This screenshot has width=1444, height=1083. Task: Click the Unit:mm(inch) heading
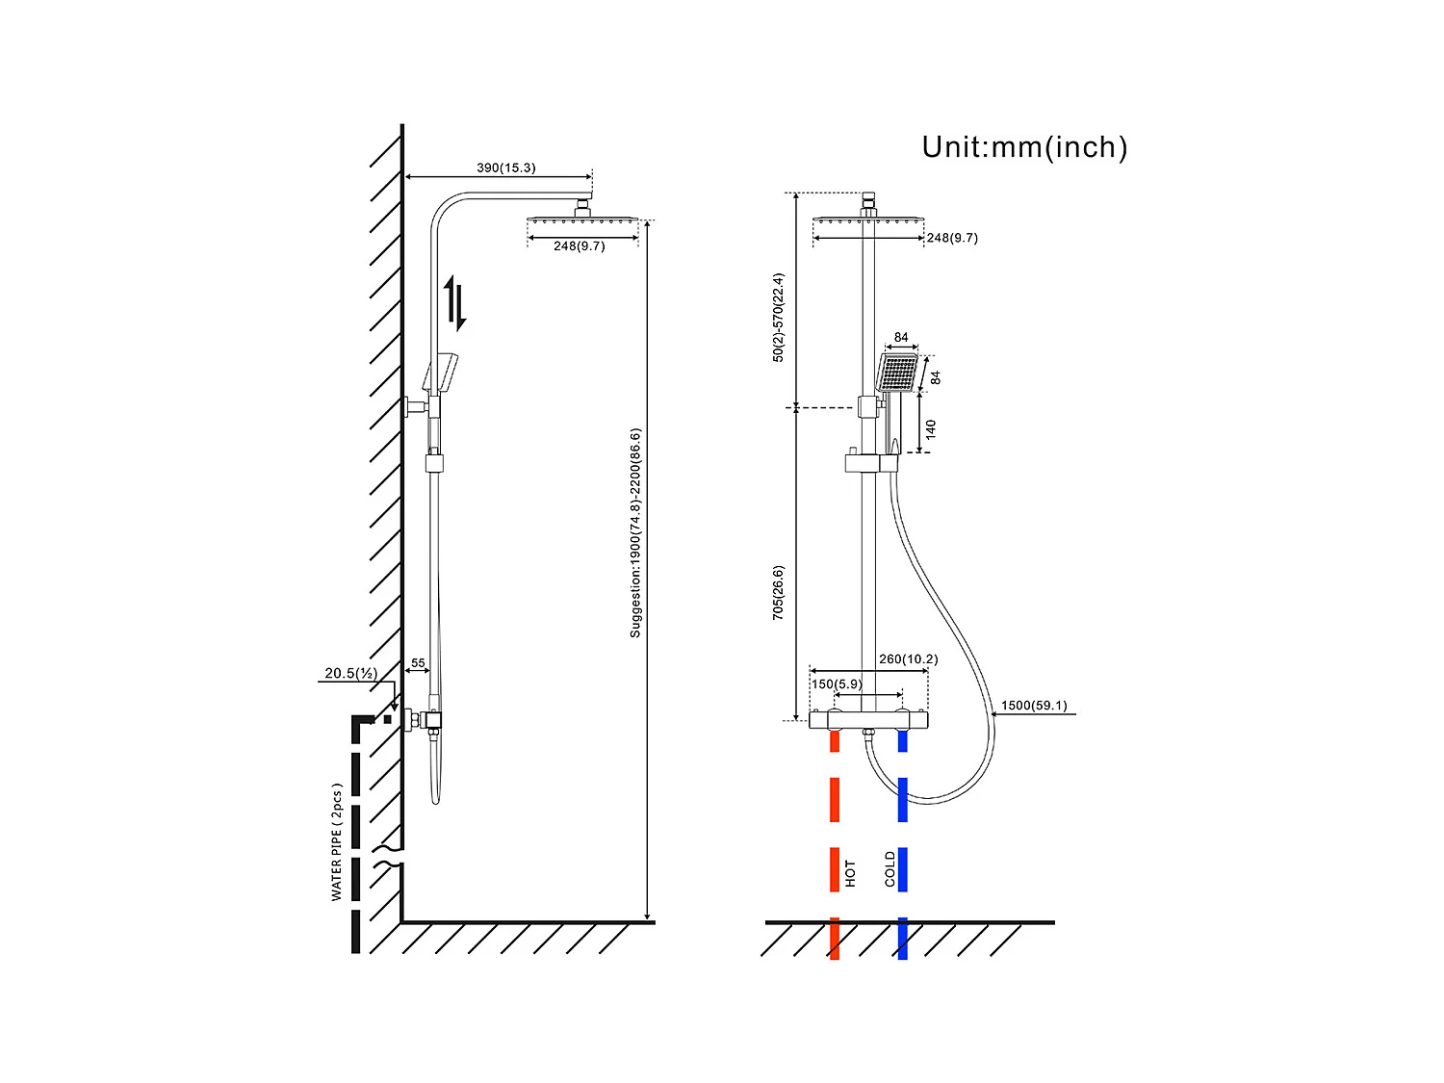(1024, 147)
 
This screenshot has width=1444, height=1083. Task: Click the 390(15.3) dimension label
(505, 168)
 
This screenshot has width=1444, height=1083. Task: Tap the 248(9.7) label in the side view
(579, 246)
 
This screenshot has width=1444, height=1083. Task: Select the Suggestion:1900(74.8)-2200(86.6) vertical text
(635, 532)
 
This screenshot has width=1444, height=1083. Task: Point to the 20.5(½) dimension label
(349, 673)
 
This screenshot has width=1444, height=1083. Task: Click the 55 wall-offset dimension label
(418, 663)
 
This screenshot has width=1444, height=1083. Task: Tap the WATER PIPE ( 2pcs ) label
(336, 841)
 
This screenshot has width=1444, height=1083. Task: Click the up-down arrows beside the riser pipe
(454, 302)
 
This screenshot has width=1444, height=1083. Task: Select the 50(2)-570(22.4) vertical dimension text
(778, 317)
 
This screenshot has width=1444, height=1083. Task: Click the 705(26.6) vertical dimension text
(778, 592)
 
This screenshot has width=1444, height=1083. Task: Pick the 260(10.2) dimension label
(908, 659)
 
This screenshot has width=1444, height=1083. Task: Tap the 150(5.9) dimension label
(836, 684)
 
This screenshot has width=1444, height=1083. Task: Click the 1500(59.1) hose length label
(1033, 706)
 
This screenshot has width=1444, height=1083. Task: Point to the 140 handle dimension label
(931, 429)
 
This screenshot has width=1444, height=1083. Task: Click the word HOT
(850, 874)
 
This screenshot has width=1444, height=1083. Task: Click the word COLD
(890, 868)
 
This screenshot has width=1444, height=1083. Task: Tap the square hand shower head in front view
(898, 372)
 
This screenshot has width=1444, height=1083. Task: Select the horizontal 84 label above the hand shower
(901, 338)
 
